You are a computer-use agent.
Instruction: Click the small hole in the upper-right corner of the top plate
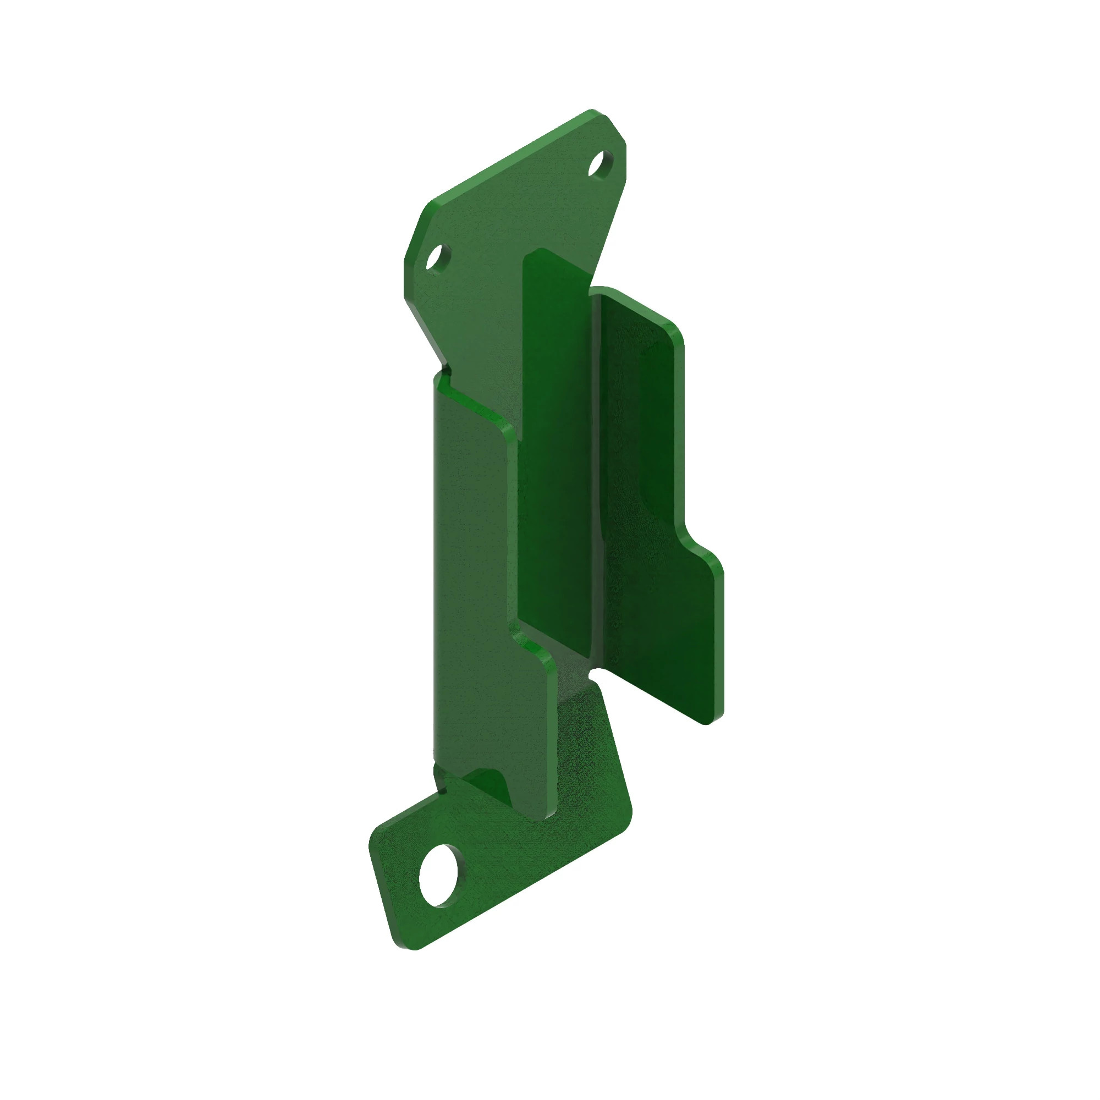coord(601,164)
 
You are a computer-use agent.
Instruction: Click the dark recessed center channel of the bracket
coord(555,455)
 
